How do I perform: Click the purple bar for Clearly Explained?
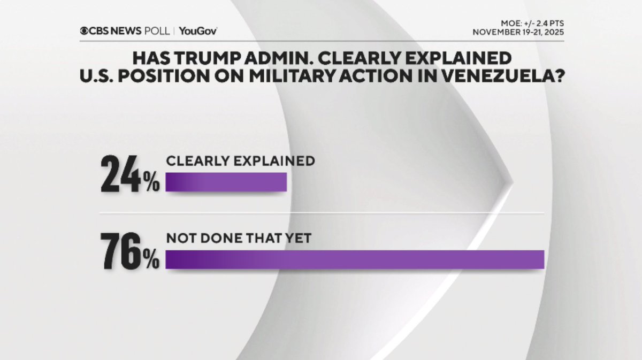coord(226,182)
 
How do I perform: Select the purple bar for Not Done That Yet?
coord(355,259)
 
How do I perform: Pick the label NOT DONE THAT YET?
coord(238,239)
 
